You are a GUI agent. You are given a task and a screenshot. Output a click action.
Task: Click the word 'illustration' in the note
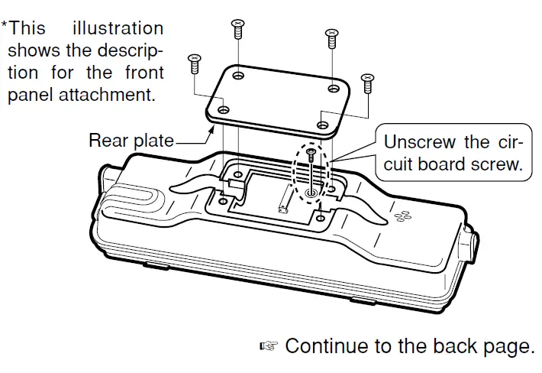coord(118,29)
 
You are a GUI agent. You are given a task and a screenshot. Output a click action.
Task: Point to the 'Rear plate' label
coord(131,141)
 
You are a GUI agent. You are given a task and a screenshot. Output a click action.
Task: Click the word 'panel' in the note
coord(27,96)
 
